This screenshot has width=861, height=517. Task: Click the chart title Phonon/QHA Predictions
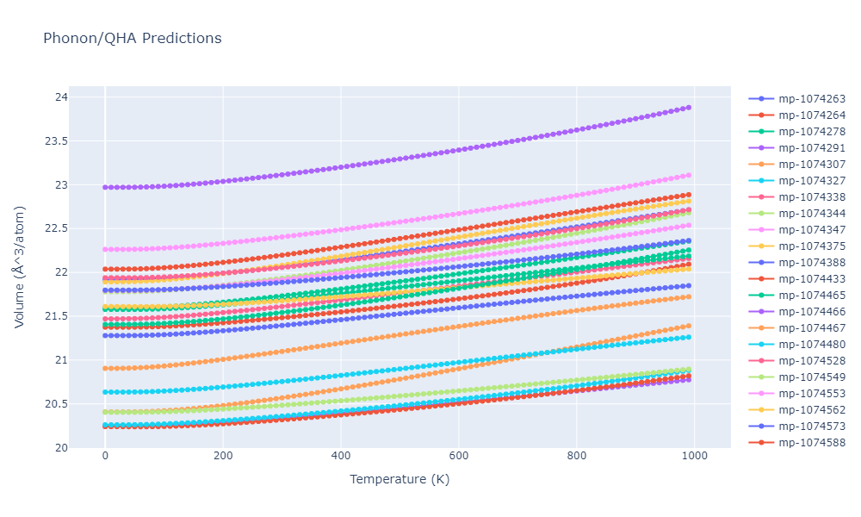(132, 39)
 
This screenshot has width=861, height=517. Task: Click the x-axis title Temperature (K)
(400, 479)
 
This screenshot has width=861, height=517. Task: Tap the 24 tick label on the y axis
(60, 97)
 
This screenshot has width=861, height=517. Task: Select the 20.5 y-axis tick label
(56, 404)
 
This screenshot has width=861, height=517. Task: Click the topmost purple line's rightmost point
(689, 108)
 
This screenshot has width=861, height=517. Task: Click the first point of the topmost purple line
(105, 187)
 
